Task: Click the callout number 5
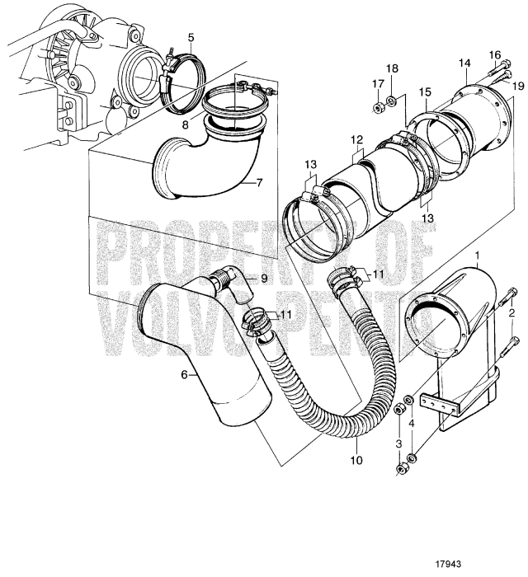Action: pyautogui.click(x=191, y=37)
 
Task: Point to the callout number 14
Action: pyautogui.click(x=464, y=63)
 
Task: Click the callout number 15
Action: pyautogui.click(x=426, y=94)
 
